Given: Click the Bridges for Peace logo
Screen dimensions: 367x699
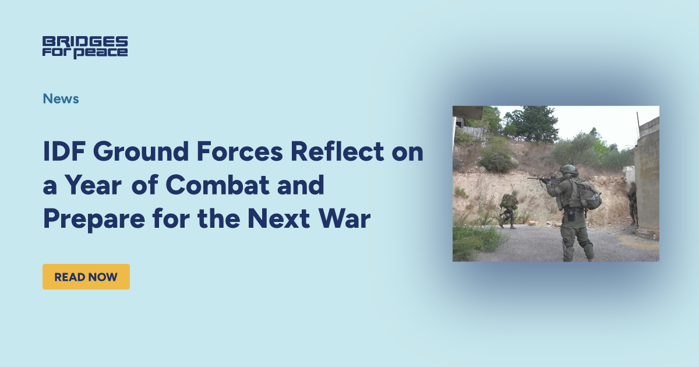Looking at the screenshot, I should pos(85,47).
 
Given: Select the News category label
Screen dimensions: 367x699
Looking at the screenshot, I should pos(61,98).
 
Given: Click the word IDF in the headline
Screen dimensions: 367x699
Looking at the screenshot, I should pos(63,153).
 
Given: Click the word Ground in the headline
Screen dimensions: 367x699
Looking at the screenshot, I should pos(135,153).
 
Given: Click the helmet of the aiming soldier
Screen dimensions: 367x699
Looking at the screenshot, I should pos(569,170).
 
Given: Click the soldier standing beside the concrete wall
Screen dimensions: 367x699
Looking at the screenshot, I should pos(632,203).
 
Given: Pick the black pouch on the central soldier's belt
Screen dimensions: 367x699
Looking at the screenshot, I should pos(570,215).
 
